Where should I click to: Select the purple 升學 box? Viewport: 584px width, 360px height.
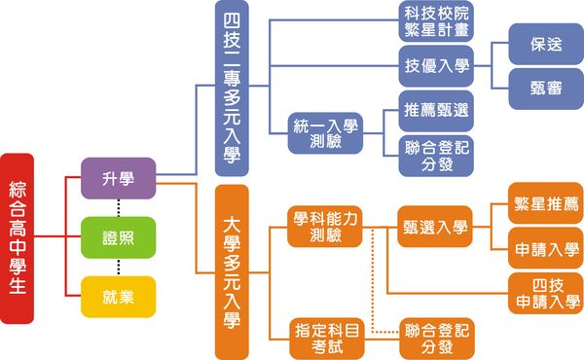click(119, 178)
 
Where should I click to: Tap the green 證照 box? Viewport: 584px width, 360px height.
click(119, 237)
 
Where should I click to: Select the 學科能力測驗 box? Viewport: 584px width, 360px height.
click(325, 227)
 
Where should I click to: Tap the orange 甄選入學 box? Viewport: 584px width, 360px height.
click(435, 227)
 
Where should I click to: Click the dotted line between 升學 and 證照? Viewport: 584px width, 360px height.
click(119, 207)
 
